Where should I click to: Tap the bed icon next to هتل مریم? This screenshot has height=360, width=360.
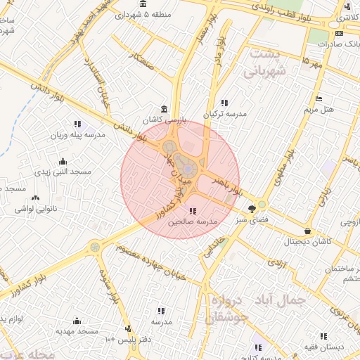319,99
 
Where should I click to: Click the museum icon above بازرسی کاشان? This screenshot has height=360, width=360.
164,109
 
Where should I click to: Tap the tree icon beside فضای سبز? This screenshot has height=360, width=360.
252,208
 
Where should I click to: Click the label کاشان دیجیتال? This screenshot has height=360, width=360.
307,242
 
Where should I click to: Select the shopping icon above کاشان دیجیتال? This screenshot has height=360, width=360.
308,231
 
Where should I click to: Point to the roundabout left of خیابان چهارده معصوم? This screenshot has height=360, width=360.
95,247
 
